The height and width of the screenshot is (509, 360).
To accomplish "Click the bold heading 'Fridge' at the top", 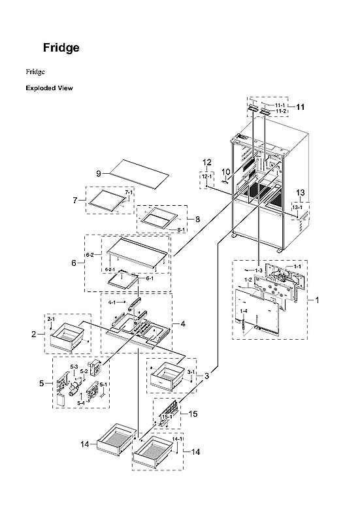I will click(x=61, y=48).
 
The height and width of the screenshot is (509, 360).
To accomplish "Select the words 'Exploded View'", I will click(x=49, y=88).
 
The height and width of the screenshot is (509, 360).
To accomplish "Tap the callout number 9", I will click(x=99, y=173).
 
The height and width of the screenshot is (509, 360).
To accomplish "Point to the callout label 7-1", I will click(x=129, y=193).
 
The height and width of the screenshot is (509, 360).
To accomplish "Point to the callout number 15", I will click(x=193, y=414).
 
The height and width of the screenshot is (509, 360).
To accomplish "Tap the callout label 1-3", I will click(x=259, y=270).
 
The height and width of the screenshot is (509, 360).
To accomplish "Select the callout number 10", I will click(x=225, y=172).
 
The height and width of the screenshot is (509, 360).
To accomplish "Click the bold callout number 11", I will click(x=300, y=107).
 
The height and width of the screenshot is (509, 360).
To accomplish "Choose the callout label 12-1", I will click(x=206, y=176).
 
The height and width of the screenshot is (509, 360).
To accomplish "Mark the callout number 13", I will click(x=300, y=193).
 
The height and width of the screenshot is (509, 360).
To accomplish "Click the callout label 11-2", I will click(x=281, y=111).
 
